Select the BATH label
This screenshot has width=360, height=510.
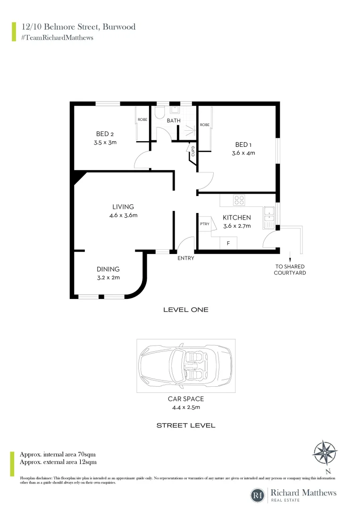tap(174, 120)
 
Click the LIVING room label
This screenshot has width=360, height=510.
tap(123, 207)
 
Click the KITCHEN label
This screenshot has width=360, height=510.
tap(236, 218)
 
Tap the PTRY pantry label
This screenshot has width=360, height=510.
tap(204, 224)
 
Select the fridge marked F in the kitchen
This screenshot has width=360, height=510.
tap(228, 243)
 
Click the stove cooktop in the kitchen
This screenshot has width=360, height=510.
tap(239, 200)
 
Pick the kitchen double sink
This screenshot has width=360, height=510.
tap(269, 214)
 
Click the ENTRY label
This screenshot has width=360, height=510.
tap(185, 258)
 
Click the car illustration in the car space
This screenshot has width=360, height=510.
tap(185, 365)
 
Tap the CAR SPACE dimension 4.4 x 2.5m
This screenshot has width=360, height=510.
tap(185, 407)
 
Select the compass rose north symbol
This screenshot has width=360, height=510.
tap(325, 453)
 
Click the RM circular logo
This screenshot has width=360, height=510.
tap(258, 495)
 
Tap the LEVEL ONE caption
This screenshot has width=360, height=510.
tap(185, 310)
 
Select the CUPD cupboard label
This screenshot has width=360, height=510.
tap(193, 150)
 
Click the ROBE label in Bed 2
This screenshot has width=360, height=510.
tap(142, 120)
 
